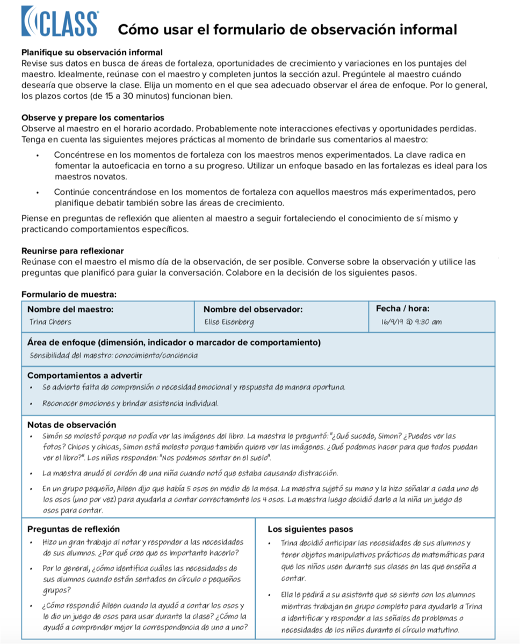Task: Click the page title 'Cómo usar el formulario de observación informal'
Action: tap(287, 30)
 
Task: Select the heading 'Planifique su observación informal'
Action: tap(92, 53)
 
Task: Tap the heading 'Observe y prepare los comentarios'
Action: tap(92, 118)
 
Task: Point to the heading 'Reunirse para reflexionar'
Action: tap(73, 251)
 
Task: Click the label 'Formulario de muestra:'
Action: tap(69, 294)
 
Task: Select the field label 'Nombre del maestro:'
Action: tap(70, 309)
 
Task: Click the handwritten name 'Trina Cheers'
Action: tap(50, 322)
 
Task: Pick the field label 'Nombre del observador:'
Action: tap(253, 309)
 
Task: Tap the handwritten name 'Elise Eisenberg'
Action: tap(229, 322)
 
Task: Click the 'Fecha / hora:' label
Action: tap(402, 309)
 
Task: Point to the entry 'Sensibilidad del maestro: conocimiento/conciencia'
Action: tap(113, 355)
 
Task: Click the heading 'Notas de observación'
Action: tap(71, 425)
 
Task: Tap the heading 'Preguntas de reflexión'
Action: tap(74, 529)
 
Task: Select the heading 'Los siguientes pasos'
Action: tap(310, 529)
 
